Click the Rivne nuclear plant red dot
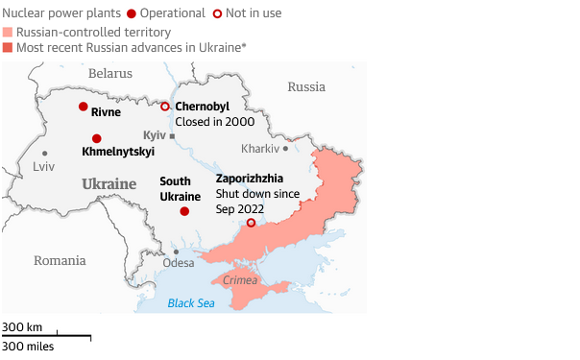pos(84,107)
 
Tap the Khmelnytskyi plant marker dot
pos(96,138)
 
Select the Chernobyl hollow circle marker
pos(165,106)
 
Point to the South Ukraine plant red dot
pos(184,211)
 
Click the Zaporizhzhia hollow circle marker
pos(252,223)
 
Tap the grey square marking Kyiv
pos(172,136)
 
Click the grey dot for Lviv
pos(44,153)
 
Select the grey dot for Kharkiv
pos(285,148)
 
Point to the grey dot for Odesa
pos(176,252)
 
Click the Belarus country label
pos(109,73)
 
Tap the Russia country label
pos(306,86)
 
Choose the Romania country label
pos(60,260)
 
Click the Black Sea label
pos(191,303)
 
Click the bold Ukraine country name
pos(109,183)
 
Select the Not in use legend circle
pos(218,13)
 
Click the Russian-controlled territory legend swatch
pos(8,32)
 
